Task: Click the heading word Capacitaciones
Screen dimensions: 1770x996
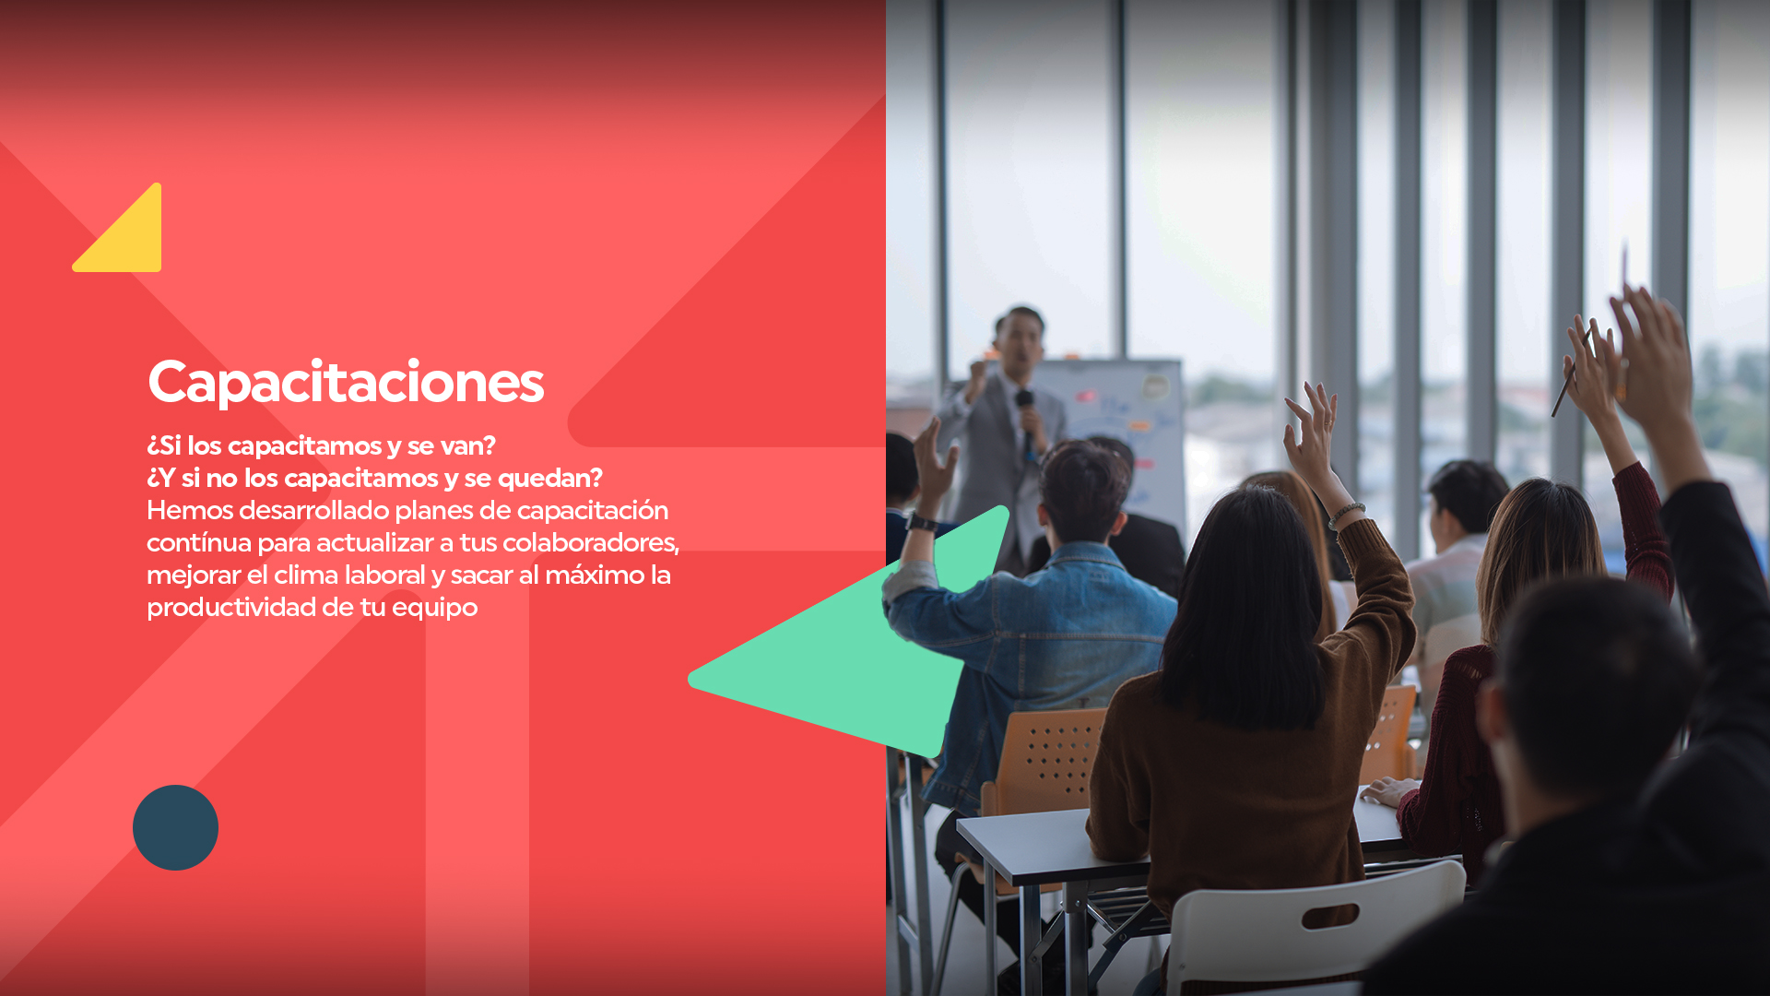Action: click(346, 383)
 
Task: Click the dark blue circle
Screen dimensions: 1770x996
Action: click(175, 827)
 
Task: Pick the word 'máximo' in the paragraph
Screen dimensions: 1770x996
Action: click(596, 575)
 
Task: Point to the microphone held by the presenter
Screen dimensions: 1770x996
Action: click(1026, 420)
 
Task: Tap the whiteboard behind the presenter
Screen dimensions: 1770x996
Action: click(1115, 433)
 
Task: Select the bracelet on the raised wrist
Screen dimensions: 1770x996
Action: click(1346, 515)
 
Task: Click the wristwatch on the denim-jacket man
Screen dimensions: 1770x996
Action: click(921, 523)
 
